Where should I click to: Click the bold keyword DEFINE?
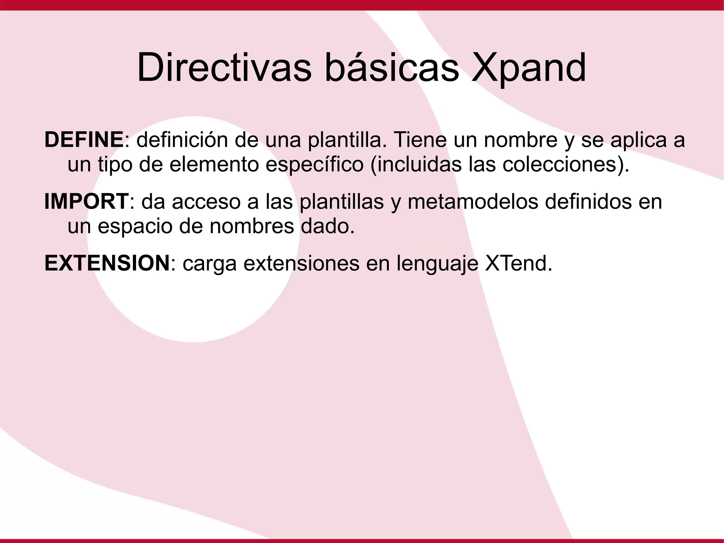pyautogui.click(x=84, y=139)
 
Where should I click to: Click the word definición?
pyautogui.click(x=182, y=139)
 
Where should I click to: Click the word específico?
pyautogui.click(x=314, y=164)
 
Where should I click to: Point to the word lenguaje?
pyautogui.click(x=437, y=264)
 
